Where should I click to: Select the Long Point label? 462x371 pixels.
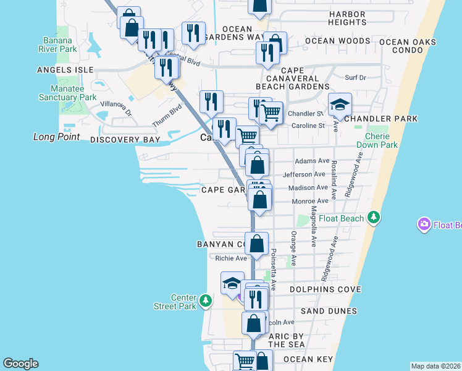[56, 136]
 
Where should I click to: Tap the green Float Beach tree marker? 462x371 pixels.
[373, 217]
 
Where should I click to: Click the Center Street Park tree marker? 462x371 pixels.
[206, 301]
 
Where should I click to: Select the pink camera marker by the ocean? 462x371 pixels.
[424, 224]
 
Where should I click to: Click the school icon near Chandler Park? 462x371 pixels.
[339, 105]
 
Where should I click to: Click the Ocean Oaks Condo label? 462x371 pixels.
[408, 46]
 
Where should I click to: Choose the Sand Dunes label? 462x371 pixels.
[329, 311]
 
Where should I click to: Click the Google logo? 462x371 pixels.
[20, 364]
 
